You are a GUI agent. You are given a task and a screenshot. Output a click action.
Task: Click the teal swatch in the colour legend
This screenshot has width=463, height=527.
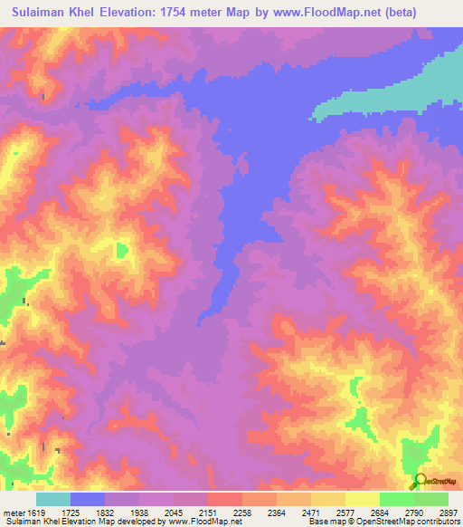53,499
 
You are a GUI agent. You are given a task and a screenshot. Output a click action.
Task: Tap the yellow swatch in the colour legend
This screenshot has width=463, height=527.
363,499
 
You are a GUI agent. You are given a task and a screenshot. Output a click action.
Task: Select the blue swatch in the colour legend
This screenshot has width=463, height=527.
88,499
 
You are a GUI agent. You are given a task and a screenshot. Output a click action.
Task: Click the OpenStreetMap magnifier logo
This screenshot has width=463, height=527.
420,481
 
